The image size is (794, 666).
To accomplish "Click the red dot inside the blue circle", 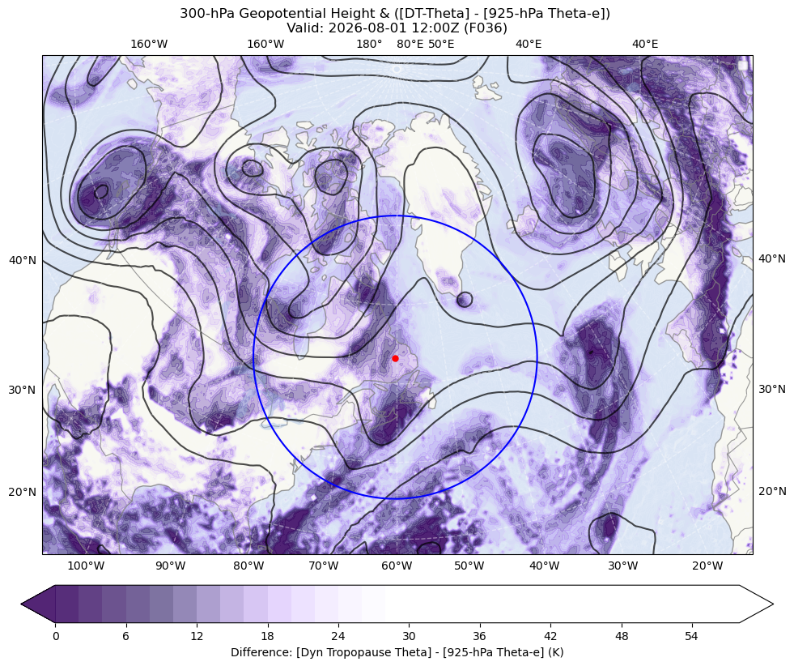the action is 395,358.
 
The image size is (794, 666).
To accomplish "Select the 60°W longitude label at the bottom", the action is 397,566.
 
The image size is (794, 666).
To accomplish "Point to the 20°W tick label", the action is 707,566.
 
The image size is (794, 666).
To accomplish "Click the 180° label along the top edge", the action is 369,44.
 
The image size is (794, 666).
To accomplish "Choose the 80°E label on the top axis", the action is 410,44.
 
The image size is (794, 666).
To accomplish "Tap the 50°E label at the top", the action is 441,44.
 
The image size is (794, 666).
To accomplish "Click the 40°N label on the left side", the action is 23,260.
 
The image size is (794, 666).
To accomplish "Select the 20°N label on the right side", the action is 771,491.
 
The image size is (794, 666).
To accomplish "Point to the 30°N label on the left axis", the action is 23,390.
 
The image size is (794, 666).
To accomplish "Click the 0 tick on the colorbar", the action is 56,636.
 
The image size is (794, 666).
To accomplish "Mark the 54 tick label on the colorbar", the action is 691,636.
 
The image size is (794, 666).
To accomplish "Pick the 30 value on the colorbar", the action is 409,636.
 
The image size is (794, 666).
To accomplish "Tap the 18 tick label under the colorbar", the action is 267,636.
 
